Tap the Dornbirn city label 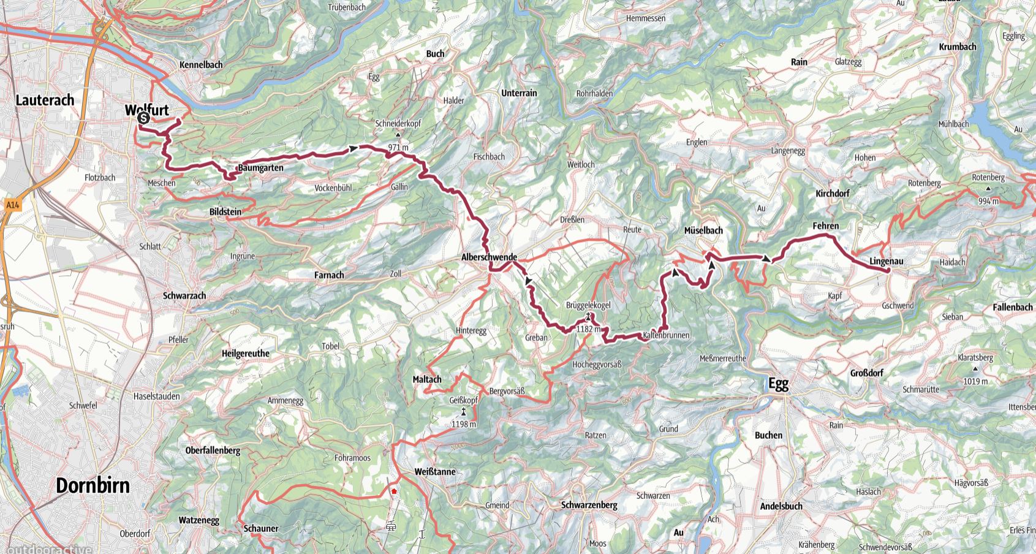pos(93,485)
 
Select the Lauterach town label pos(45,100)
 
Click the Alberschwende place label pos(489,258)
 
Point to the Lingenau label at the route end pos(887,262)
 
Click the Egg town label pos(778,384)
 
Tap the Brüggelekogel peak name pos(588,305)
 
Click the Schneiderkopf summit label pos(398,124)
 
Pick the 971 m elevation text pos(398,147)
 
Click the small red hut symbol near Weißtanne pos(394,491)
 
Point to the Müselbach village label pos(703,230)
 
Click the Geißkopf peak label pos(463,400)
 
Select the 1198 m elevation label pos(463,424)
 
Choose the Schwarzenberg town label pos(589,505)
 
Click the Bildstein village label pos(225,212)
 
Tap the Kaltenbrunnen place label pos(667,335)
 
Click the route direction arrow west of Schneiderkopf pos(354,148)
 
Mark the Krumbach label pos(957,47)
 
